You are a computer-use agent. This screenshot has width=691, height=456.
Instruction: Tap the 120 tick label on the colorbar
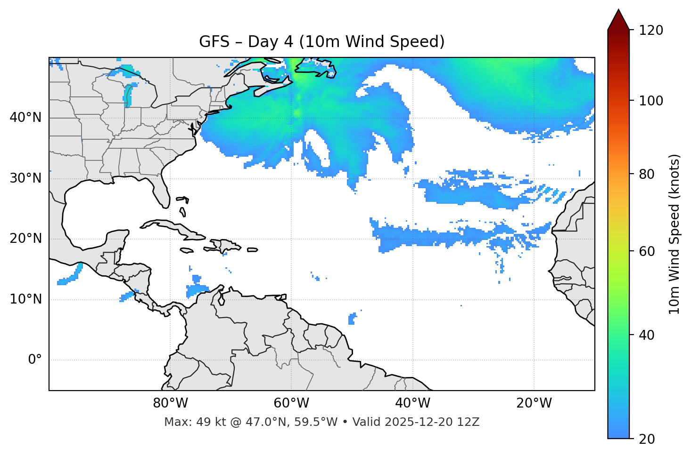[651, 30]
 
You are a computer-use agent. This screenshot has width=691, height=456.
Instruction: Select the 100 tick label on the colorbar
[651, 101]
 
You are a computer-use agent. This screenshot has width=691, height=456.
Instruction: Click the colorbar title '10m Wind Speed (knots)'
[675, 234]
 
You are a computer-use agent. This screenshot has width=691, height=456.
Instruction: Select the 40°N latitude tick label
[25, 118]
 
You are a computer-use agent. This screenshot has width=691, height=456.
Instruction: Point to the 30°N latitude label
[25, 178]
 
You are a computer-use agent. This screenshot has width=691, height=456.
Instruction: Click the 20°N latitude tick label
[25, 239]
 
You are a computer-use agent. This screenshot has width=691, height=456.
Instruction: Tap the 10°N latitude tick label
[25, 299]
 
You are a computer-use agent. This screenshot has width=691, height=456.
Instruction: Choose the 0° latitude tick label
[35, 360]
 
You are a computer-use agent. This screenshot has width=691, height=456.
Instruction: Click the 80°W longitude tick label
[170, 403]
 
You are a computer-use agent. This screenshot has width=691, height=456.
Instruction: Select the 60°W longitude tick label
[291, 403]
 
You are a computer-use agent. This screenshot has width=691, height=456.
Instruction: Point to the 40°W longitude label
[412, 403]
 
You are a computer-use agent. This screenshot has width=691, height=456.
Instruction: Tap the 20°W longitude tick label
[534, 403]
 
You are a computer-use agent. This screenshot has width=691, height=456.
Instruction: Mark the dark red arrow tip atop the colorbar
[618, 19]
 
